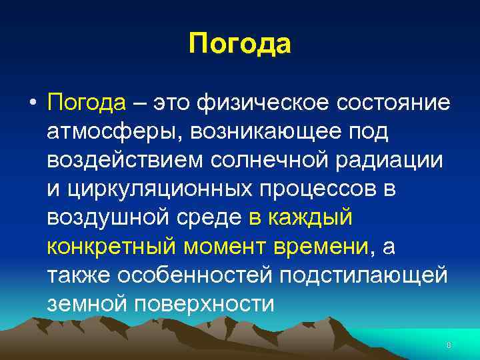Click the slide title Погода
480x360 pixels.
point(240,45)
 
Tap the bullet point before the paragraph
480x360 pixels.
point(32,105)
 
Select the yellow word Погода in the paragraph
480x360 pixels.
point(87,104)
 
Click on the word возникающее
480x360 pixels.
point(265,133)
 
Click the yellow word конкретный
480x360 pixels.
point(111,247)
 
